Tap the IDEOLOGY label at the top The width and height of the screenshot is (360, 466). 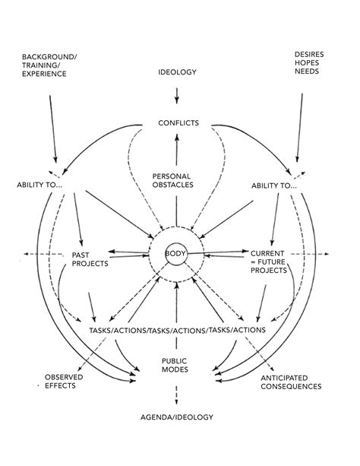(x=177, y=72)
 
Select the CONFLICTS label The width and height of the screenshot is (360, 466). (x=178, y=122)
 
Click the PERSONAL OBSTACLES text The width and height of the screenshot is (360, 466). (x=176, y=179)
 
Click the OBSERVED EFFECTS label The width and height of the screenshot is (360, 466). (x=63, y=382)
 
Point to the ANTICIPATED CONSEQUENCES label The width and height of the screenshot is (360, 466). (x=291, y=382)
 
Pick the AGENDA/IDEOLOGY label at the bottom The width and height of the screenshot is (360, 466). (x=177, y=417)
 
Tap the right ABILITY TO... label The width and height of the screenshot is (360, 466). (x=273, y=185)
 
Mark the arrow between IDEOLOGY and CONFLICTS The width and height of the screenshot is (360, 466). (x=177, y=97)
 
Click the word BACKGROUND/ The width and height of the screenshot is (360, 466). (x=47, y=55)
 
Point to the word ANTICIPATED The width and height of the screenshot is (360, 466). (x=291, y=377)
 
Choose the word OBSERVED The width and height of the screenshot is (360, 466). (x=63, y=377)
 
